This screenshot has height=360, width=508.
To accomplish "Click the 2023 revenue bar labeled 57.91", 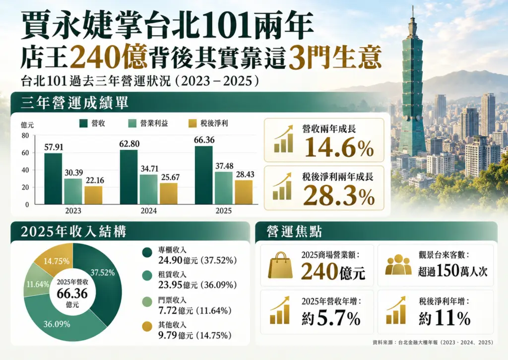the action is [x=53, y=179].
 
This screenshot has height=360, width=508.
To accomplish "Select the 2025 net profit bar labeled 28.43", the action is [x=244, y=192].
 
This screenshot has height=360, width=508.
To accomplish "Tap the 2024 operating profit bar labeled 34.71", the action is [x=149, y=189].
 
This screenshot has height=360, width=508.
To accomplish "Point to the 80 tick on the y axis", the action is [x=25, y=136].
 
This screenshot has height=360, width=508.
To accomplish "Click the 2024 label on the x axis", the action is [x=149, y=211].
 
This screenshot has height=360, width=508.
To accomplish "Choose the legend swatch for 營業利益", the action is [x=132, y=123].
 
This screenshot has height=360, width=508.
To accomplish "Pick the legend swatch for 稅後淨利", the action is [x=192, y=123].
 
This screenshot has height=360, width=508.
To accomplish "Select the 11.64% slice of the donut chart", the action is [x=36, y=282].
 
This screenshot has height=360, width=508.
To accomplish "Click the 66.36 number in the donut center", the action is [x=72, y=294].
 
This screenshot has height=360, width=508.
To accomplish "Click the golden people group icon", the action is [x=398, y=265].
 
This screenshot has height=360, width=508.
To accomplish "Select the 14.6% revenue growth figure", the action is [x=339, y=147].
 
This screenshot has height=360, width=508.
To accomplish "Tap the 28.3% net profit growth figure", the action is [x=339, y=196].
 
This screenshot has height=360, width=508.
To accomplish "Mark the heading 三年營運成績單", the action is [x=75, y=102].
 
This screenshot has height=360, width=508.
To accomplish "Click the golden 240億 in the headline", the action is [x=109, y=57].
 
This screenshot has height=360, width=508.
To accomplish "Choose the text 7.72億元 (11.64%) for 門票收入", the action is [x=194, y=311].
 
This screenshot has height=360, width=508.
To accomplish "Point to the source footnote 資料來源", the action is [x=433, y=342].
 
